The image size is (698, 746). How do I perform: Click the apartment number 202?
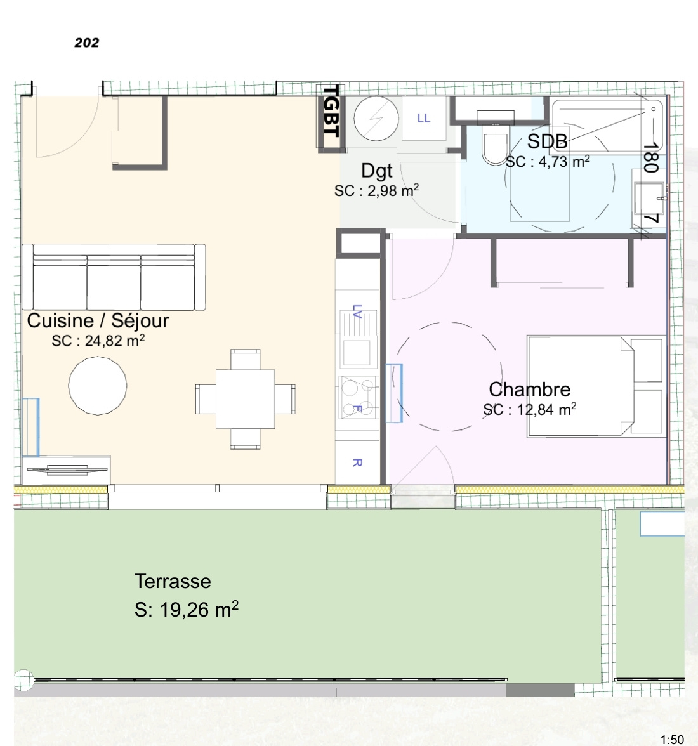tap(86, 43)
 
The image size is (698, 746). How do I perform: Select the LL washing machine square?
tap(424, 118)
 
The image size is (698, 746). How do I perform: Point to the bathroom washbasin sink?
tap(649, 198)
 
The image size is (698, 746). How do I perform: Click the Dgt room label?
tap(377, 171)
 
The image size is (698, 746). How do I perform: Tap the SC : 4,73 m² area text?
tap(548, 162)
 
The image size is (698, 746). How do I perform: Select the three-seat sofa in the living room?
tap(114, 277)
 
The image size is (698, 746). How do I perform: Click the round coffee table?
tap(98, 386)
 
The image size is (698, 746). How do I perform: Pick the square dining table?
tap(245, 399)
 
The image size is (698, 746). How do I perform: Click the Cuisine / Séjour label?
tap(98, 321)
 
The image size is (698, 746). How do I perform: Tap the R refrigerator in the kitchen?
tap(357, 462)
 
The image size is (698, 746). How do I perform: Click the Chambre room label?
tap(530, 389)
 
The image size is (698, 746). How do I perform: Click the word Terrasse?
tap(173, 581)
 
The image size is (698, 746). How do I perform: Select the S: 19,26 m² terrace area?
tap(187, 610)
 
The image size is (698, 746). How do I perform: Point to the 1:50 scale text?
tap(672, 740)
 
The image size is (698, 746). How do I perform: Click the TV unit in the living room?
tap(66, 470)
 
